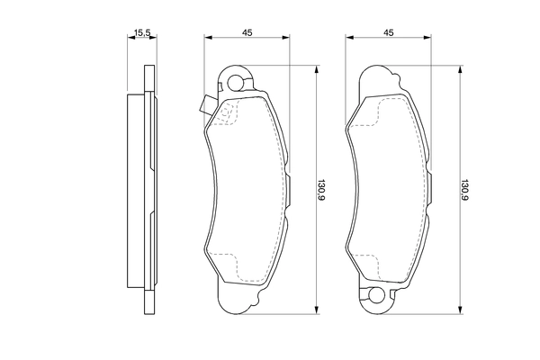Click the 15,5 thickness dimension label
pyautogui.click(x=140, y=32)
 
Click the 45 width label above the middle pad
pyautogui.click(x=246, y=32)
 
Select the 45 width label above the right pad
pyautogui.click(x=389, y=32)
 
